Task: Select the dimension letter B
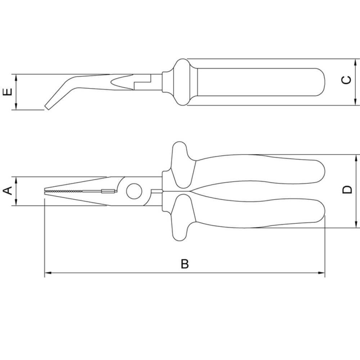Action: click(185, 264)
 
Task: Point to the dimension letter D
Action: click(347, 190)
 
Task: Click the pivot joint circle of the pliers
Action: click(134, 191)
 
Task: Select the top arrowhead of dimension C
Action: click(356, 62)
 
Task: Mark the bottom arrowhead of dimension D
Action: click(356, 224)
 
